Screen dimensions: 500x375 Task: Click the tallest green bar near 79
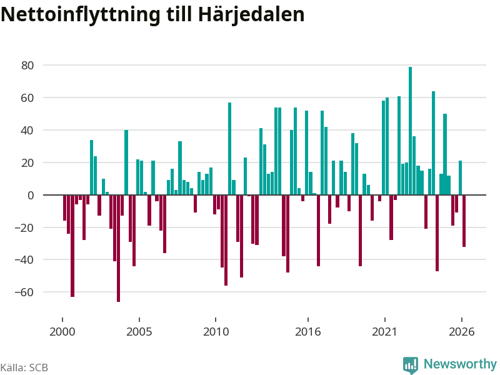point(410,131)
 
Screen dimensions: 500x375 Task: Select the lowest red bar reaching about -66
point(118,248)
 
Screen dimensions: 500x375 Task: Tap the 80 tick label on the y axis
point(27,66)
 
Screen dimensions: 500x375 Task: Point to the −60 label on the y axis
point(24,292)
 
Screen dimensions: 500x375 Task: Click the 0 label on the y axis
point(31,195)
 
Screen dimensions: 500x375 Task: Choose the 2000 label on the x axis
point(62,332)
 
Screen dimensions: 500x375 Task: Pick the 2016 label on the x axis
point(307,332)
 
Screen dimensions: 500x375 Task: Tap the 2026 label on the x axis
point(461,332)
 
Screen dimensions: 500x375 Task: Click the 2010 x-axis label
point(216,332)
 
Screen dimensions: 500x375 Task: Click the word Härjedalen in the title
point(251,14)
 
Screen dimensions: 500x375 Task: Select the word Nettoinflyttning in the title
point(81,14)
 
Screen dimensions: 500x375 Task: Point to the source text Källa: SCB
point(24,367)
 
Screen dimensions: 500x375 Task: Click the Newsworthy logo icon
point(411,364)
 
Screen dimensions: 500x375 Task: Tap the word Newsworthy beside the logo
point(460,364)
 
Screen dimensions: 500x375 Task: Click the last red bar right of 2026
point(464,221)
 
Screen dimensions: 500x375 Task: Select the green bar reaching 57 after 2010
point(229,149)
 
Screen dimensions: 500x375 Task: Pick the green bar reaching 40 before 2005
point(126,162)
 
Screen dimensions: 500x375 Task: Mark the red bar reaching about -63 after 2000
point(72,246)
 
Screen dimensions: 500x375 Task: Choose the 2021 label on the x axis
point(384,332)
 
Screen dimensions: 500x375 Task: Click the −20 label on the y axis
point(24,227)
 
